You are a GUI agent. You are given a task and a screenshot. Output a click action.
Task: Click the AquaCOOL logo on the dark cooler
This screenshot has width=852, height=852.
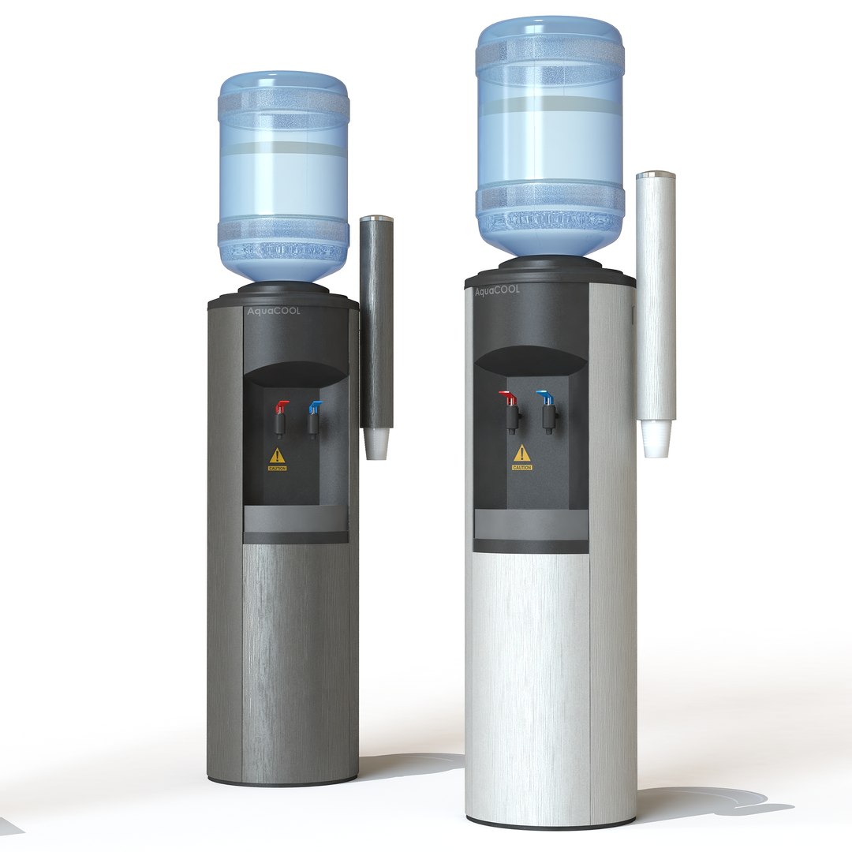point(274,312)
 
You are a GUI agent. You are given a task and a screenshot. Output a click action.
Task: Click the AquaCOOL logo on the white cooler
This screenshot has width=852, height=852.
point(497,291)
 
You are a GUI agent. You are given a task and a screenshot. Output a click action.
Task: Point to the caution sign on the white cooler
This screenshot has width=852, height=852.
point(522,456)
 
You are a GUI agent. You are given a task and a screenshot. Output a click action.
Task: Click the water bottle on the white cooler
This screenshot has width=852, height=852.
point(550,134)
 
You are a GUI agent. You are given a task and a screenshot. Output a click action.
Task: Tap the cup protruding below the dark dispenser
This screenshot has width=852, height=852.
point(377,443)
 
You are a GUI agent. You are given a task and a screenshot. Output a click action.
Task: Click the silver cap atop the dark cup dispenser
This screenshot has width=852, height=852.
point(377,218)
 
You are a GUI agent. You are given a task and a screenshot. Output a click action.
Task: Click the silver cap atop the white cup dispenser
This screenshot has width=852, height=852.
point(656,174)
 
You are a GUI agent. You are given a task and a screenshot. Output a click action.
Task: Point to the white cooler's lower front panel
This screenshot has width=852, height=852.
point(529,678)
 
